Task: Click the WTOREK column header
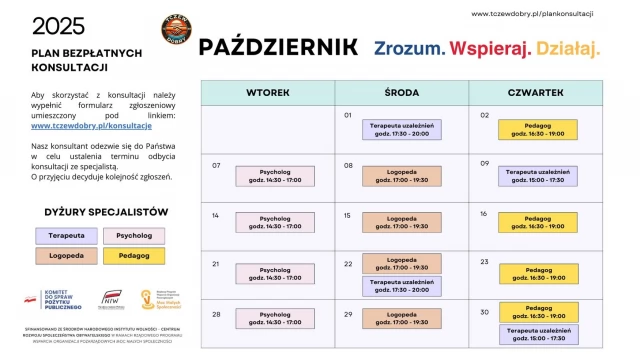(267, 92)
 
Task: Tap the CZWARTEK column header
(535, 92)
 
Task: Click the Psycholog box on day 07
(268, 176)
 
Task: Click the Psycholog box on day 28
(268, 319)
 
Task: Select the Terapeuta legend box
(67, 235)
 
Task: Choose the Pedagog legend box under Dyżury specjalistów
(133, 256)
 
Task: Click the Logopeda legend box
(67, 256)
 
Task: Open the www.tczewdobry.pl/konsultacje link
(91, 126)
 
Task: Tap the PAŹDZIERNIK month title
(279, 47)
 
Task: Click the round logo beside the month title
(178, 30)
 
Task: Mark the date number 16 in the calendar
(484, 214)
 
